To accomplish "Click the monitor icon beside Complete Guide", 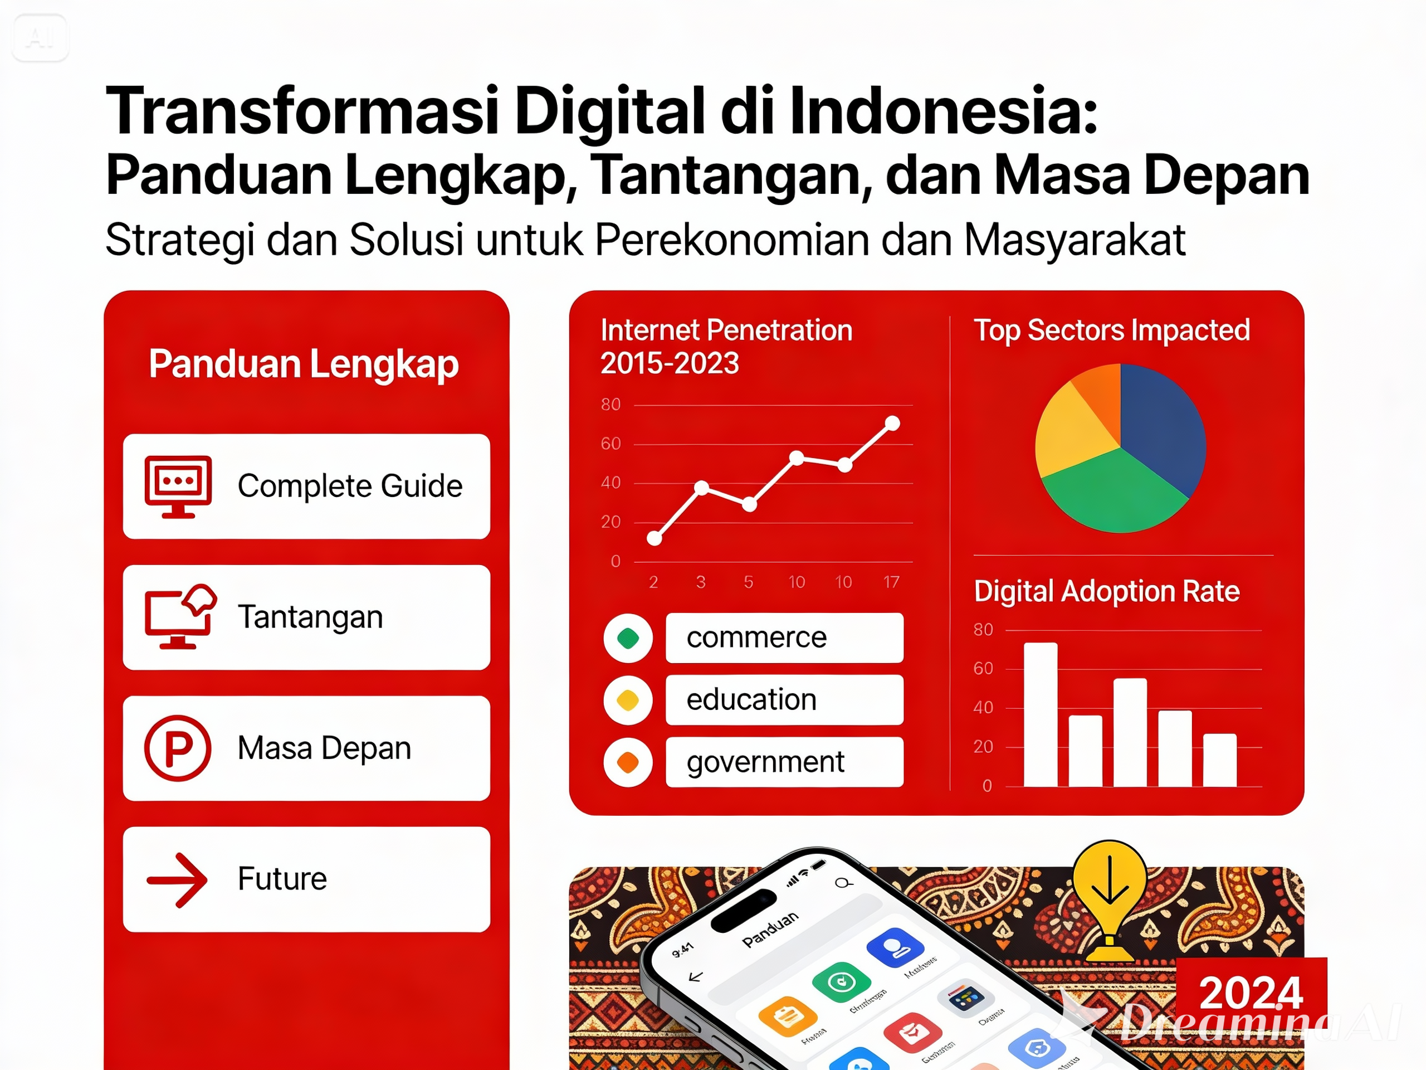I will click(178, 485).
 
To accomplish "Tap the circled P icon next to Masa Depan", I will click(177, 747).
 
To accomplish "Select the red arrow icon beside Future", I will click(177, 880).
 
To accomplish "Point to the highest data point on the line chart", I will click(892, 424).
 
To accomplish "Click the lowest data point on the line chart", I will click(655, 538).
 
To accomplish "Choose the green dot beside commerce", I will click(628, 639).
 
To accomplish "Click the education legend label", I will click(751, 700).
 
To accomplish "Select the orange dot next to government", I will click(628, 762).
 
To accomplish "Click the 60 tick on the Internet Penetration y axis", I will click(611, 444).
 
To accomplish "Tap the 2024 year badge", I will click(1251, 991).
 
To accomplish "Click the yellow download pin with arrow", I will click(1110, 887).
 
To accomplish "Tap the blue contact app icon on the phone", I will click(895, 947).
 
